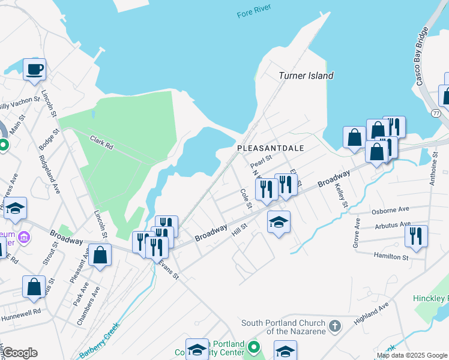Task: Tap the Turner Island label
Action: [306, 76]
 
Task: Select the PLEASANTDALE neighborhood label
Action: [270, 148]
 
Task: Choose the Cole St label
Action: [245, 199]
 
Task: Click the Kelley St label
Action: [342, 196]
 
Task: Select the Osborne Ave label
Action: [391, 209]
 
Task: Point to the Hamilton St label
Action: [392, 257]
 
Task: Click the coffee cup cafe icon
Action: [34, 68]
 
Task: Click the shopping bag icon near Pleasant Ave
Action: [101, 255]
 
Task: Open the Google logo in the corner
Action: [19, 353]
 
